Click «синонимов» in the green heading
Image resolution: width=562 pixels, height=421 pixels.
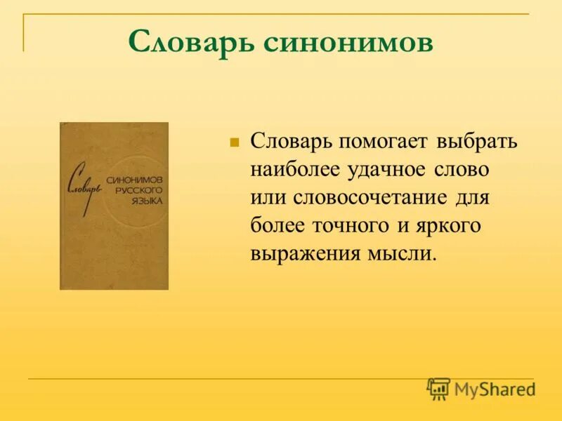coord(348,43)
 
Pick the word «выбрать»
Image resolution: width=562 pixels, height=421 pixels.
coord(477,141)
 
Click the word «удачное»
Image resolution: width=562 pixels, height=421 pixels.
coord(391,169)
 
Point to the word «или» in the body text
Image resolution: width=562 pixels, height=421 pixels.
coord(265,197)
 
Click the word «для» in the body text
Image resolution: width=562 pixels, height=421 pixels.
coord(472,197)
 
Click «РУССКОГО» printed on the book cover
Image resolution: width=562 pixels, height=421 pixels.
coord(137,190)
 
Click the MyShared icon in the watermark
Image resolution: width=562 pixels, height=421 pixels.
coord(438,389)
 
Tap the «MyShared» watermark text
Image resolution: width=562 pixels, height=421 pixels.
coord(495,389)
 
